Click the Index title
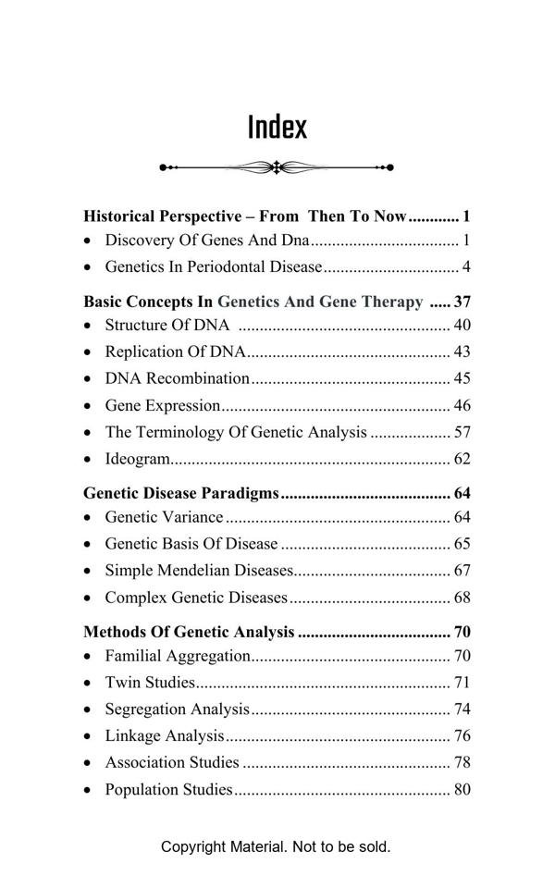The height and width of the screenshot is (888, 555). coord(277,127)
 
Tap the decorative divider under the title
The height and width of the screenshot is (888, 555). coord(277,167)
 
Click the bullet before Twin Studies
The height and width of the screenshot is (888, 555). coord(87,684)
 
